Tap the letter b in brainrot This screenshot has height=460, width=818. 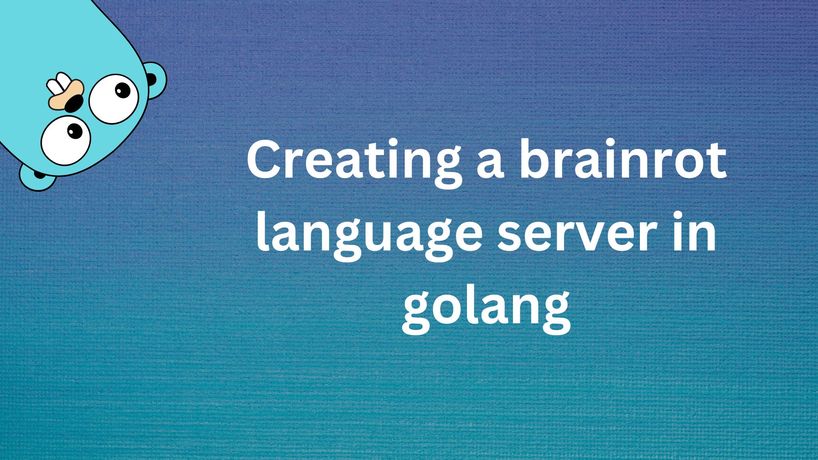[x=535, y=160]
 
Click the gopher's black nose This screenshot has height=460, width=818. [x=74, y=103]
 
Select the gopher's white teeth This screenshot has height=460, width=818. [x=57, y=83]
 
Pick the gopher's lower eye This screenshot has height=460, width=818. [x=66, y=140]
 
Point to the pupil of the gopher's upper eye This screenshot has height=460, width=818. [x=122, y=90]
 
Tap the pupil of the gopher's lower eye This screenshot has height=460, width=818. [x=75, y=130]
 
